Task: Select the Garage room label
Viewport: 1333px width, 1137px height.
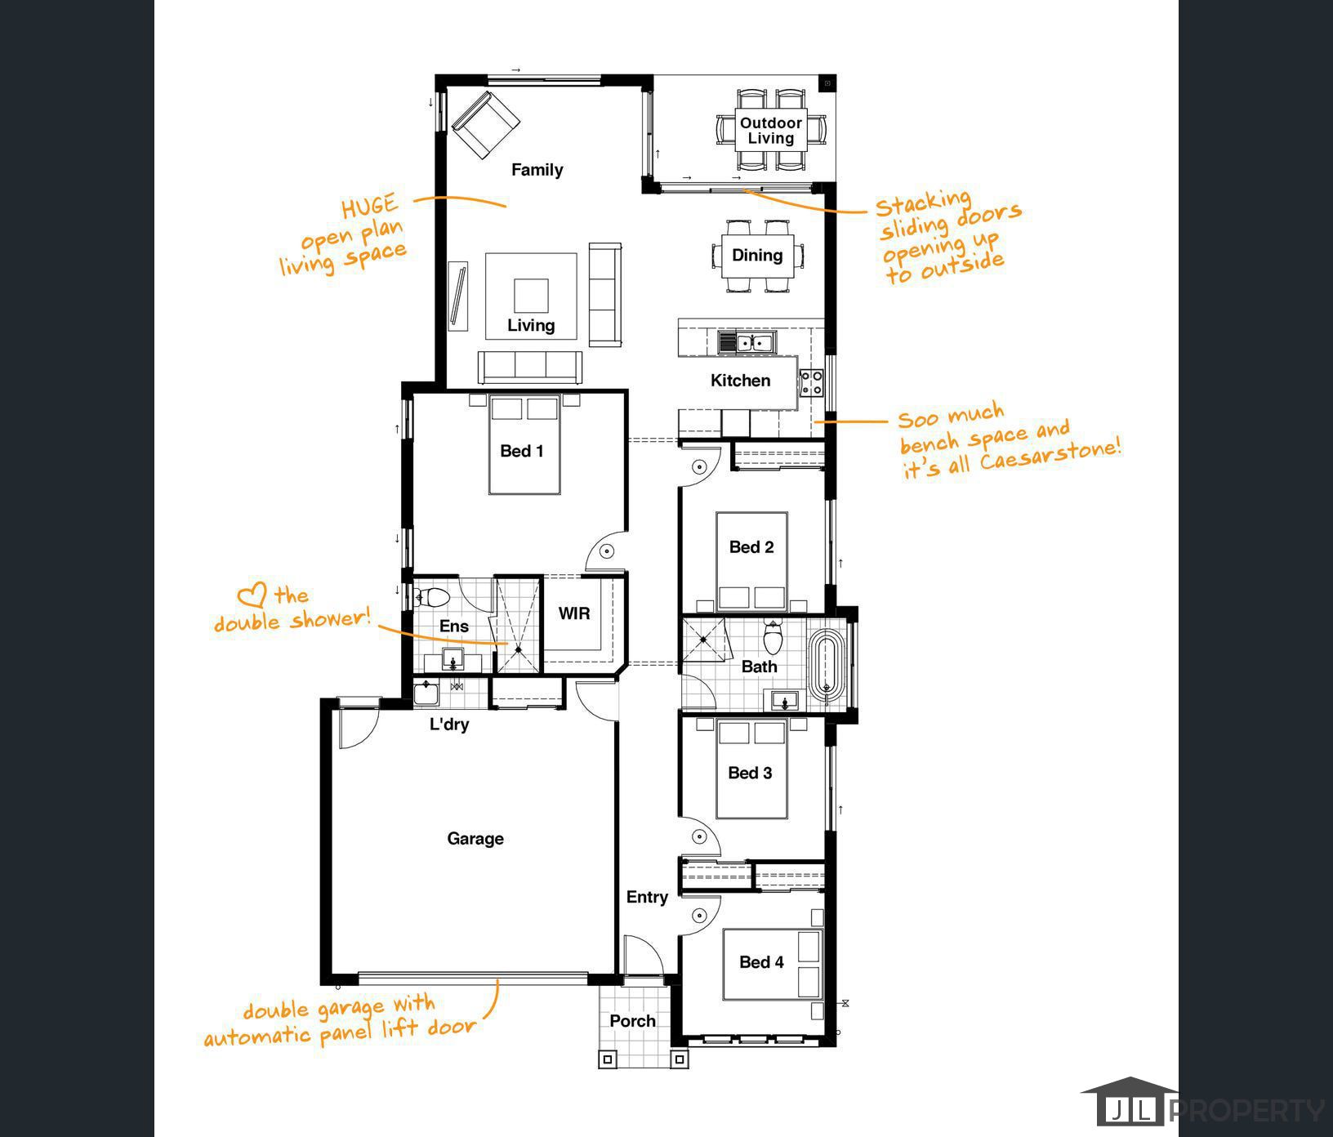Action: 475,839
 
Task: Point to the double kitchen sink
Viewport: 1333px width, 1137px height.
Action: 747,342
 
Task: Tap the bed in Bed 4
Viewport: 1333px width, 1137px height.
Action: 772,964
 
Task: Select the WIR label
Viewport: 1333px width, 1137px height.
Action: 574,613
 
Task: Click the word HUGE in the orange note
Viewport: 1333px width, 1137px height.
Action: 370,207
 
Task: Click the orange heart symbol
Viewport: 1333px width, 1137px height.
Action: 252,596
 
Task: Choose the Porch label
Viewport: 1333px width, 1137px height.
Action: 632,1021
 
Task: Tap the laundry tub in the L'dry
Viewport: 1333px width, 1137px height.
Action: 426,693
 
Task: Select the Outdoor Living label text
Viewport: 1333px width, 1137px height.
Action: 771,131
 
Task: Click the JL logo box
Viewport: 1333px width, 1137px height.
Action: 1130,1110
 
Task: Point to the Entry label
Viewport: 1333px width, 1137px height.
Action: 647,898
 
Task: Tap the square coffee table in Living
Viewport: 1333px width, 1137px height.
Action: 531,296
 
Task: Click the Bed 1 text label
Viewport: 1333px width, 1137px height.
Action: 522,451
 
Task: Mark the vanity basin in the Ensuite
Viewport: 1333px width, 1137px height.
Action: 453,660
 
